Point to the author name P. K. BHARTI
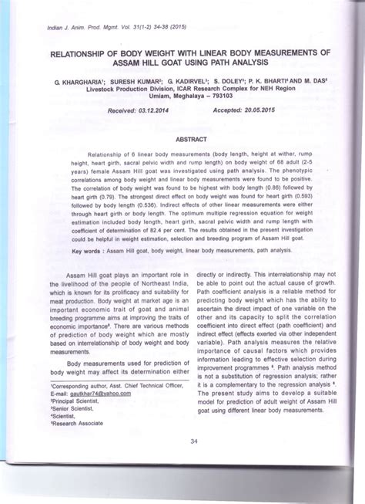273,80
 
